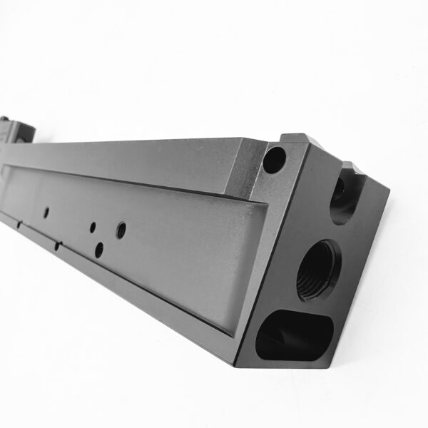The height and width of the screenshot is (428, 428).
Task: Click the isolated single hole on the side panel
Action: pyautogui.click(x=46, y=212)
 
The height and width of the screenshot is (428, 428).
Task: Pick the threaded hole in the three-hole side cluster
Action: pyautogui.click(x=120, y=230)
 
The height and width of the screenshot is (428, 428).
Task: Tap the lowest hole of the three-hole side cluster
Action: pyautogui.click(x=98, y=249)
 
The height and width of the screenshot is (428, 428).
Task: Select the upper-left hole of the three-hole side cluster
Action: pyautogui.click(x=92, y=228)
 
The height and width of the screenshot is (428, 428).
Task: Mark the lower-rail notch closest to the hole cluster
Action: pyautogui.click(x=56, y=246)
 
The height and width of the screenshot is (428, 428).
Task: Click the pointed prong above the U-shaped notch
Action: pyautogui.click(x=351, y=168)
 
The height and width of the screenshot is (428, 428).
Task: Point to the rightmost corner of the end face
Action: pyautogui.click(x=389, y=191)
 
